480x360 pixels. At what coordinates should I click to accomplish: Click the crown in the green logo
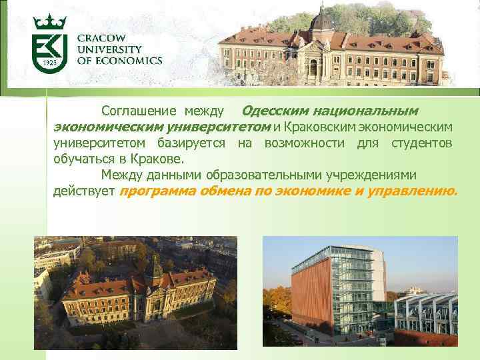point(49,23)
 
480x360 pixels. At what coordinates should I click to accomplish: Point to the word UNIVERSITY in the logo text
point(109,49)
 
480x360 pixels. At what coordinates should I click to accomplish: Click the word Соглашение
point(139,110)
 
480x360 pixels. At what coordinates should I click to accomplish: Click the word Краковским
point(323,127)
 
